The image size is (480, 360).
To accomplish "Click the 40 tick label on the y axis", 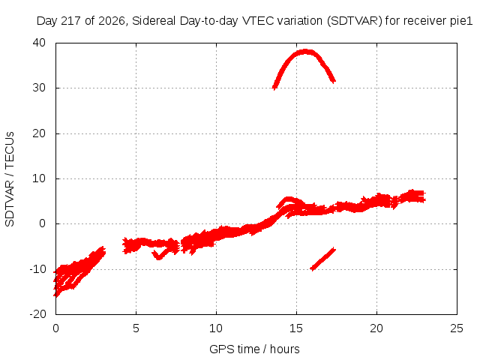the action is [39, 43].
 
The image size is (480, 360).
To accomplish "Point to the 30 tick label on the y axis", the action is [39, 88].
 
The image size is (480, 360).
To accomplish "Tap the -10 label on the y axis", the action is [37, 269].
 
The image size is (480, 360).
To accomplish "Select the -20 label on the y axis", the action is [37, 314].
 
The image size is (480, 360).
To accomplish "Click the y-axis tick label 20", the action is [39, 133].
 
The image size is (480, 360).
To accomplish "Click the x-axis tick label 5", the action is [136, 328].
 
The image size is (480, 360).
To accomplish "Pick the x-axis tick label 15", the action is [296, 328].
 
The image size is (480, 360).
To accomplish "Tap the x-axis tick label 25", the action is [457, 328].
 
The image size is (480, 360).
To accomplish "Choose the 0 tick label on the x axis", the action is [55, 328].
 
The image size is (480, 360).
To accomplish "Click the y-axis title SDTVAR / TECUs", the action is [10, 179].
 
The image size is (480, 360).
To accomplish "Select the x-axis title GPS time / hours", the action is [254, 349].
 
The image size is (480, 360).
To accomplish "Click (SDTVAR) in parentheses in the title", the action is [355, 21].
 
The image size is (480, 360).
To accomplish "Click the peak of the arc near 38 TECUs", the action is [305, 52].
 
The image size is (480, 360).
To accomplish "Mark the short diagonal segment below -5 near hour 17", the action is [323, 259].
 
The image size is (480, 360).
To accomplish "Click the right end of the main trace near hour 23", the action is [425, 196].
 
